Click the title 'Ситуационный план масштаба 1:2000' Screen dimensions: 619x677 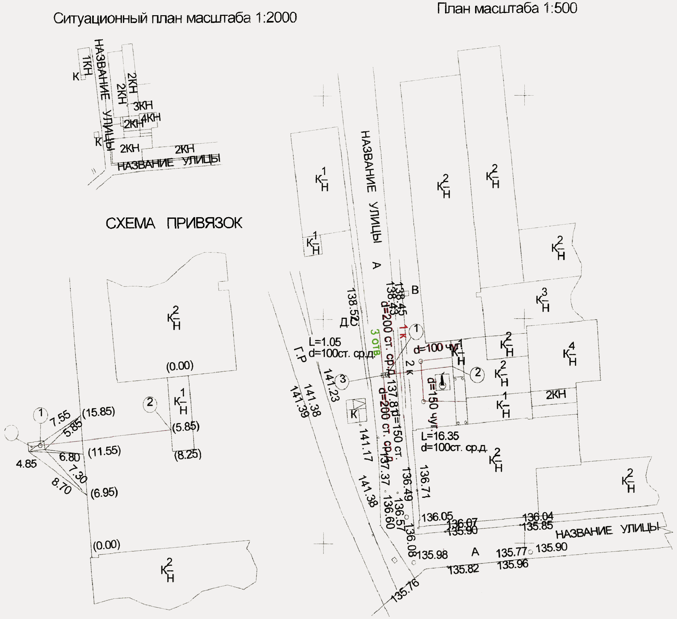[175, 18]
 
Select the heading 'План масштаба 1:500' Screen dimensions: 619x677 [507, 8]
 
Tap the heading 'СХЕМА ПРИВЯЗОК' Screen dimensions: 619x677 [174, 223]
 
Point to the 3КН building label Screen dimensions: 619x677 [143, 106]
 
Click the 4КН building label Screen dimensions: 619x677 [151, 118]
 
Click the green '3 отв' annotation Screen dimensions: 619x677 [375, 342]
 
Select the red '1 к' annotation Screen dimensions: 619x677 [402, 332]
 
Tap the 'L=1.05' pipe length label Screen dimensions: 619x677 [325, 342]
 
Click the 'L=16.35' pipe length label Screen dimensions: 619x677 [440, 436]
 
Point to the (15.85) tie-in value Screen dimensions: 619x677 [99, 412]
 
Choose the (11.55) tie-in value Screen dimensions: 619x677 [104, 451]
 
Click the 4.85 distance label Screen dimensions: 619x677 [26, 464]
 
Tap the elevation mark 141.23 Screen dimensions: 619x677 [331, 385]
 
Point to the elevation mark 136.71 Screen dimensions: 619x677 [424, 482]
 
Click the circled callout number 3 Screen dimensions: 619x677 [342, 379]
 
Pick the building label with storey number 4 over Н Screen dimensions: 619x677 [570, 354]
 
